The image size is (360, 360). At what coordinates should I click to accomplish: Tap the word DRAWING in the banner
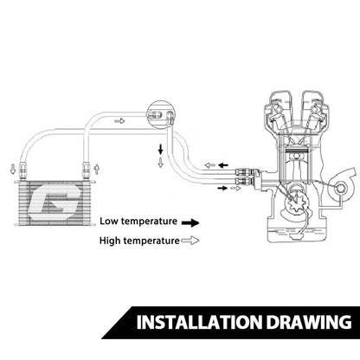click(309, 322)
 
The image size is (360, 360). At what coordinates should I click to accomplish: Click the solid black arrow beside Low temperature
click(190, 222)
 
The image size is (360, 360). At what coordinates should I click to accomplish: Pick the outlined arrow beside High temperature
click(190, 241)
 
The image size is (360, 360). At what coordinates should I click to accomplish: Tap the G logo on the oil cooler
click(55, 202)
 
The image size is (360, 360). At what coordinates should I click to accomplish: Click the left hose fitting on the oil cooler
click(22, 170)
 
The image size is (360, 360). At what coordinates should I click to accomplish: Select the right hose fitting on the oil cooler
click(86, 170)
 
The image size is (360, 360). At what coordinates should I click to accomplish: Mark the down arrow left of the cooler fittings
click(13, 169)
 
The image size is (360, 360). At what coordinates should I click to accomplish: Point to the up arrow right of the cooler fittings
click(97, 169)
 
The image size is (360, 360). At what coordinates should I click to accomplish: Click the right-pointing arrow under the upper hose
click(119, 121)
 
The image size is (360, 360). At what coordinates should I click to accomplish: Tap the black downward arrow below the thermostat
click(160, 149)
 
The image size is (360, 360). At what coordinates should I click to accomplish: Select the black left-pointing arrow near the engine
click(223, 165)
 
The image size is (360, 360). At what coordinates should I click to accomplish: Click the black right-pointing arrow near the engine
click(222, 188)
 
